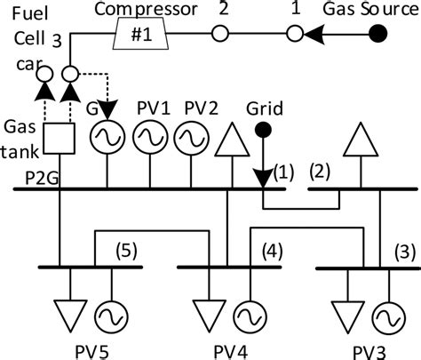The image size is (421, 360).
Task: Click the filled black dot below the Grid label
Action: (263, 131)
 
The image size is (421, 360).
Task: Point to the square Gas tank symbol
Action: (60, 136)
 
